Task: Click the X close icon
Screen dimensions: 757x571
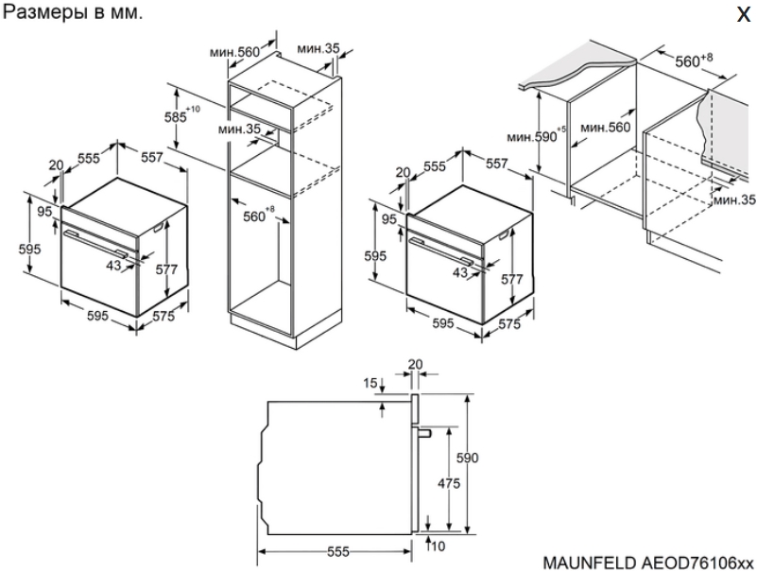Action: (x=744, y=14)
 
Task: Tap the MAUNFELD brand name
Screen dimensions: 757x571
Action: (x=590, y=562)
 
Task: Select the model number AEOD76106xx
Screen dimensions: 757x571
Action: (x=697, y=562)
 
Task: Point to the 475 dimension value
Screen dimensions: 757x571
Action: (x=449, y=482)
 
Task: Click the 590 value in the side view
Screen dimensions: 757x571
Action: (x=467, y=457)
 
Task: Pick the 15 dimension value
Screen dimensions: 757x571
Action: (x=370, y=383)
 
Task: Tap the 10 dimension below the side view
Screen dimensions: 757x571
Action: (x=437, y=546)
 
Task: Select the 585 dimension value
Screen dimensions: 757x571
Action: (x=175, y=117)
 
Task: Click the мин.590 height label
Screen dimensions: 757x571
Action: (x=532, y=137)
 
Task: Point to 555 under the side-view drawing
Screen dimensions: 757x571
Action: (x=337, y=551)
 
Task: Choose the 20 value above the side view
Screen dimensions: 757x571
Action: (x=415, y=364)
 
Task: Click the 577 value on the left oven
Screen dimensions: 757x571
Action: (x=166, y=269)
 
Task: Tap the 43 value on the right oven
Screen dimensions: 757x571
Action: (x=460, y=272)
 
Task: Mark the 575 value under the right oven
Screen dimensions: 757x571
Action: (x=509, y=323)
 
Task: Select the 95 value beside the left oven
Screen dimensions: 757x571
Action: (x=44, y=212)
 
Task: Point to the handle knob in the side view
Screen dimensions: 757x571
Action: (x=423, y=433)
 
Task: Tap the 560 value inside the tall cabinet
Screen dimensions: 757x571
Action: (x=254, y=216)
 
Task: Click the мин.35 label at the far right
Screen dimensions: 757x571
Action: (x=733, y=199)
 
